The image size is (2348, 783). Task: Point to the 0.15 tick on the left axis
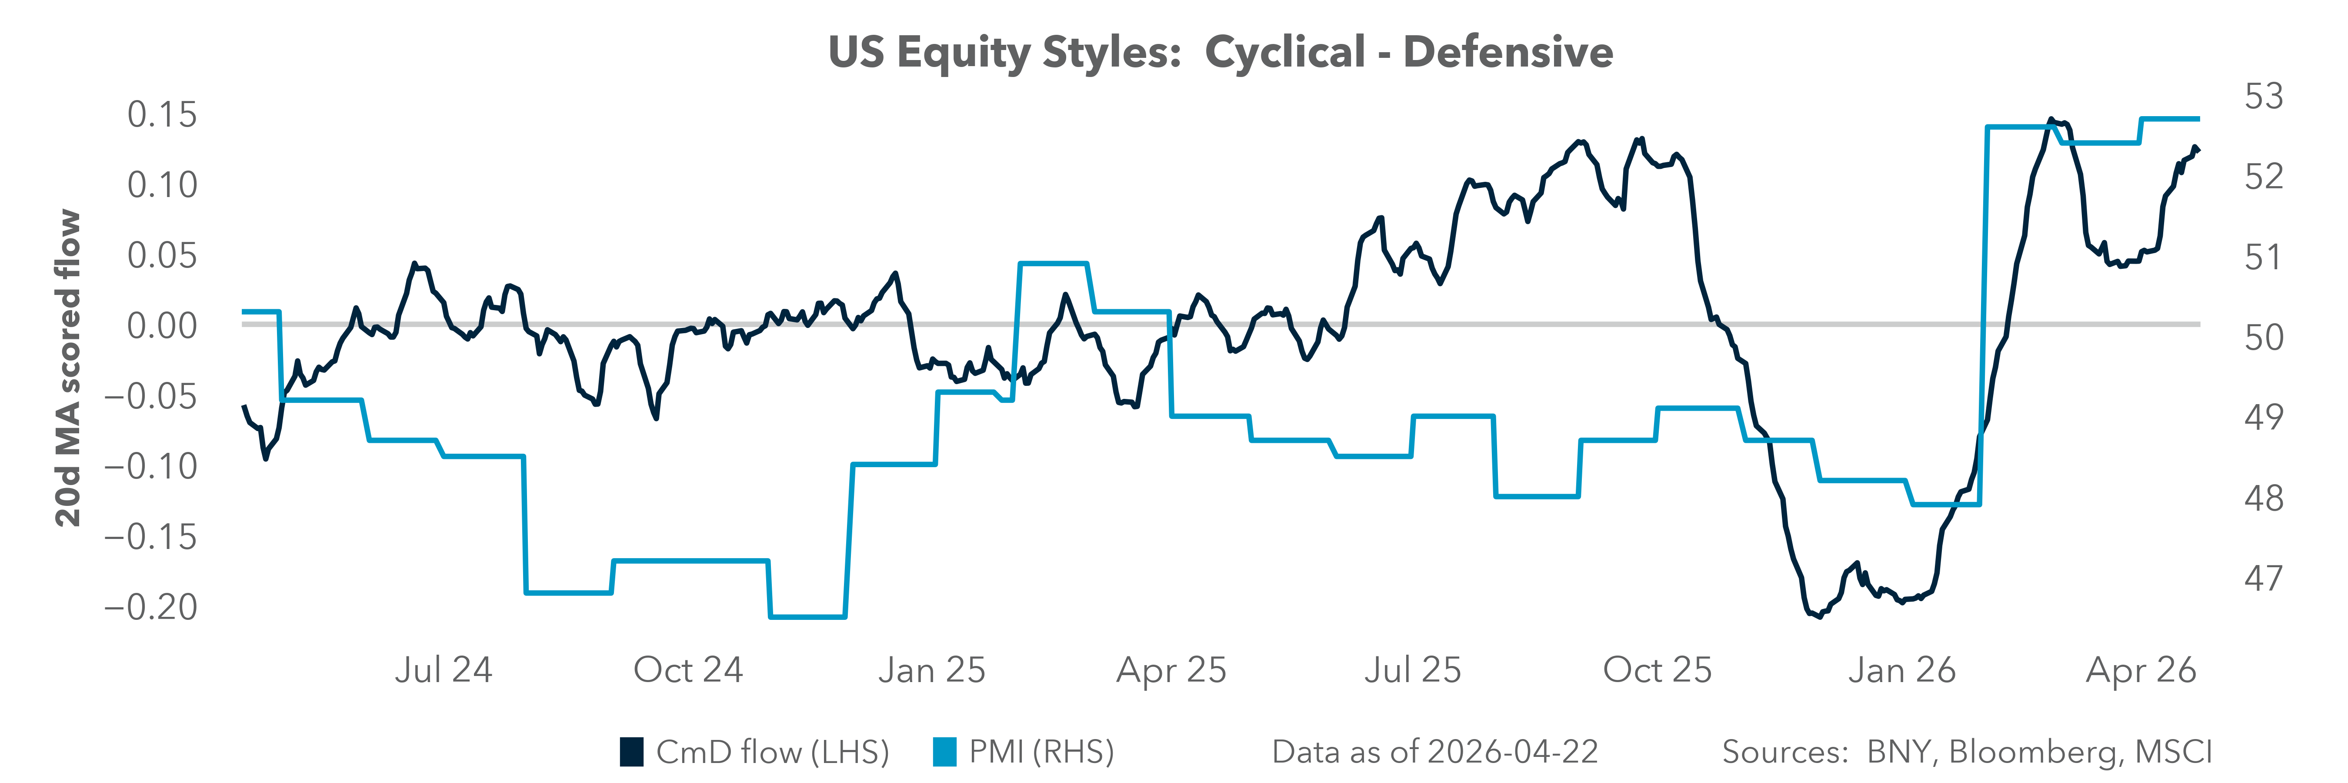click(161, 115)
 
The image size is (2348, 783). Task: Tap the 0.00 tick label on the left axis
click(161, 325)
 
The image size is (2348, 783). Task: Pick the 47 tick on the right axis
click(2264, 578)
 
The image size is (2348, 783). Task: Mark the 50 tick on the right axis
click(2264, 337)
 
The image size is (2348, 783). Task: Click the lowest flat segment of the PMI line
click(807, 617)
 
